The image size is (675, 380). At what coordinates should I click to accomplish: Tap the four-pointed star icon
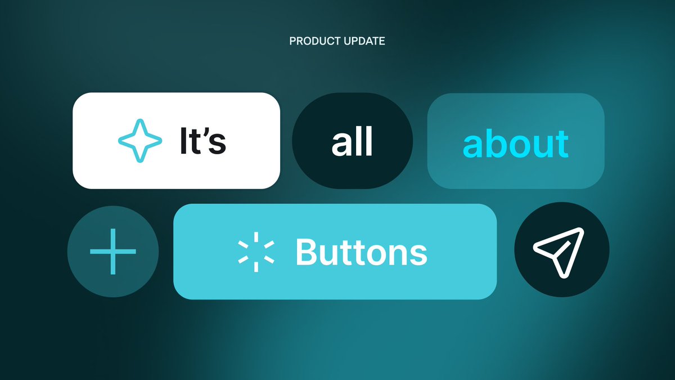138,141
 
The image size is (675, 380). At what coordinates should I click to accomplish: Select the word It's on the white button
202,141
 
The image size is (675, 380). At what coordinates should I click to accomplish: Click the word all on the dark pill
352,143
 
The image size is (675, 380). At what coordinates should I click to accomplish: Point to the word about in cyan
515,144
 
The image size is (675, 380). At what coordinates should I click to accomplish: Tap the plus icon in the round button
113,252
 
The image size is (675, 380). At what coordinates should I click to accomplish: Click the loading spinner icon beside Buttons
256,252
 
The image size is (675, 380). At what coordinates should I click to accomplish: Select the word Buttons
361,252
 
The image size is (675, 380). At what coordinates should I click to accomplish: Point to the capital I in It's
183,141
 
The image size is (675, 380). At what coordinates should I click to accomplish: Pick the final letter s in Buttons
419,255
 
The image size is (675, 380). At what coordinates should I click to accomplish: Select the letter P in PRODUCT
292,41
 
